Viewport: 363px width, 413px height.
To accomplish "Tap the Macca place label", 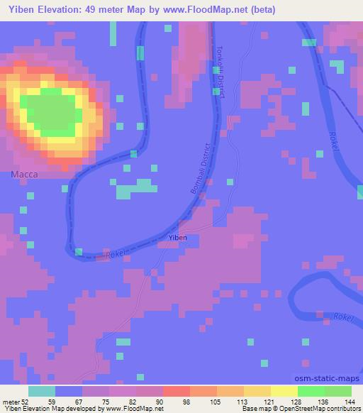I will pos(23,174).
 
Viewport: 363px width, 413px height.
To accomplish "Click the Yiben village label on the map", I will pos(177,237).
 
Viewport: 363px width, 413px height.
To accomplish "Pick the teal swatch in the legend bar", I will pos(42,391).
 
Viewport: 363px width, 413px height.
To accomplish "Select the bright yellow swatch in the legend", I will pos(284,391).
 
